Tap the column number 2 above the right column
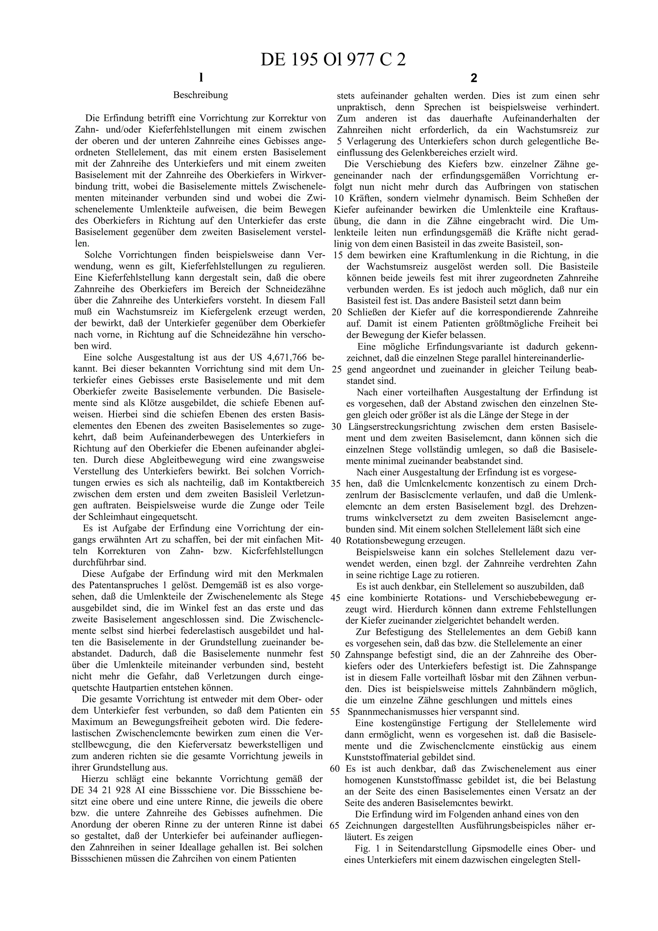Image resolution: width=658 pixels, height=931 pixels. tap(474, 78)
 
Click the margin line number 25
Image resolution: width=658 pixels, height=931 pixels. tap(336, 370)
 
